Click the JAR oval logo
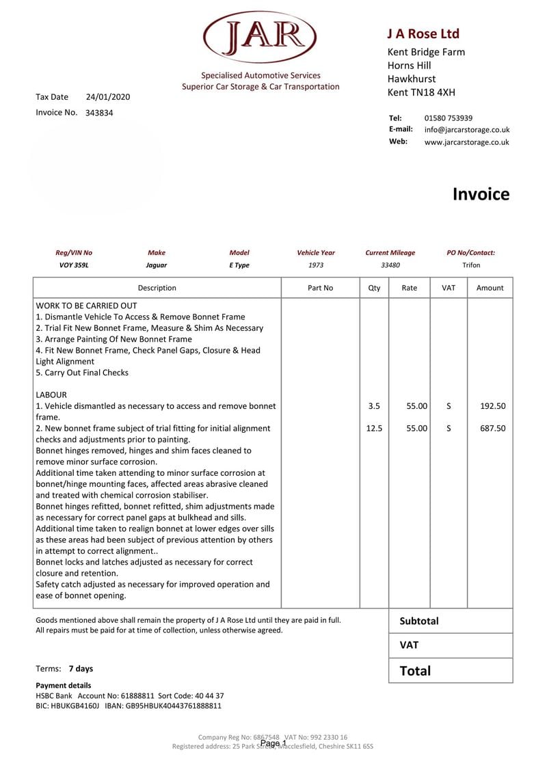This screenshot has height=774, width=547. click(260, 37)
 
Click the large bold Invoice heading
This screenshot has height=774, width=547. click(481, 194)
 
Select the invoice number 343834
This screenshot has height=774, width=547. click(99, 113)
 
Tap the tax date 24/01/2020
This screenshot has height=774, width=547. click(108, 97)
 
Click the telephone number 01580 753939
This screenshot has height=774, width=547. click(448, 118)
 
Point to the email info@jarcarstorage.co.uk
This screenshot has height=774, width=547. click(466, 129)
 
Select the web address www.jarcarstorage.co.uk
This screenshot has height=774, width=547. click(466, 142)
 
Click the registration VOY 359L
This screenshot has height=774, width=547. click(74, 265)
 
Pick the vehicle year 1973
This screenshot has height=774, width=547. click(316, 265)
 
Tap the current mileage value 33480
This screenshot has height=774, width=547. click(390, 265)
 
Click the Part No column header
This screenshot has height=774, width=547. click(320, 288)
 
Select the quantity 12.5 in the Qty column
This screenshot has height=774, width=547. click(374, 428)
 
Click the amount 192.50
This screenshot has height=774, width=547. click(492, 406)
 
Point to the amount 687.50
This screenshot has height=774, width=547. click(492, 428)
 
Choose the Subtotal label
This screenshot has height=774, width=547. click(418, 621)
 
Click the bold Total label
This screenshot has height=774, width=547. click(415, 671)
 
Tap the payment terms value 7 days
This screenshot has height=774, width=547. click(81, 669)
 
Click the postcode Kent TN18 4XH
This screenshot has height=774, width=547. click(421, 92)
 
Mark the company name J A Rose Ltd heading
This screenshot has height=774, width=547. click(423, 34)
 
